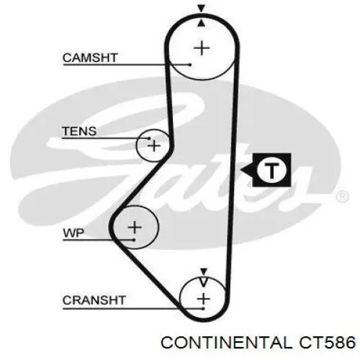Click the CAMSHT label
90,58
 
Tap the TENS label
79,131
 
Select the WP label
73,233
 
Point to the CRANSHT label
94,300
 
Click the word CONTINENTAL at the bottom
227,342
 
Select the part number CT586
327,342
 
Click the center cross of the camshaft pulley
202,48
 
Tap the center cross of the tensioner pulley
154,145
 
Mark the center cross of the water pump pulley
135,227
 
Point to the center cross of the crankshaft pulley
204,299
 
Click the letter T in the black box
271,171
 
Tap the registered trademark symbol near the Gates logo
342,197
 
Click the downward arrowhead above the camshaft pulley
202,9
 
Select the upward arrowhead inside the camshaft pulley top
202,23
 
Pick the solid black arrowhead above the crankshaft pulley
204,271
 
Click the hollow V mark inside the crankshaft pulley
204,282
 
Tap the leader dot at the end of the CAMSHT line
190,65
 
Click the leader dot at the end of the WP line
134,240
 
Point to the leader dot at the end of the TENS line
149,138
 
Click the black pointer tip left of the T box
240,171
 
